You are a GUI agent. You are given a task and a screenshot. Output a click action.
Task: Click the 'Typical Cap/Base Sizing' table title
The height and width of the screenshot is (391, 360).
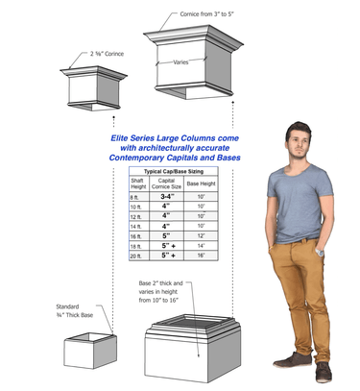coord(174,169)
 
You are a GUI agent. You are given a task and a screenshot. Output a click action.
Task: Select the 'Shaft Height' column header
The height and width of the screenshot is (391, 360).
coord(139,184)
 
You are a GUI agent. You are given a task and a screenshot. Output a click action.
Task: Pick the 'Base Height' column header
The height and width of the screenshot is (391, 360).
coord(201,183)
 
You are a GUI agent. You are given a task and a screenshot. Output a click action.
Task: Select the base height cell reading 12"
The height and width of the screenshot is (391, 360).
coord(201,236)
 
